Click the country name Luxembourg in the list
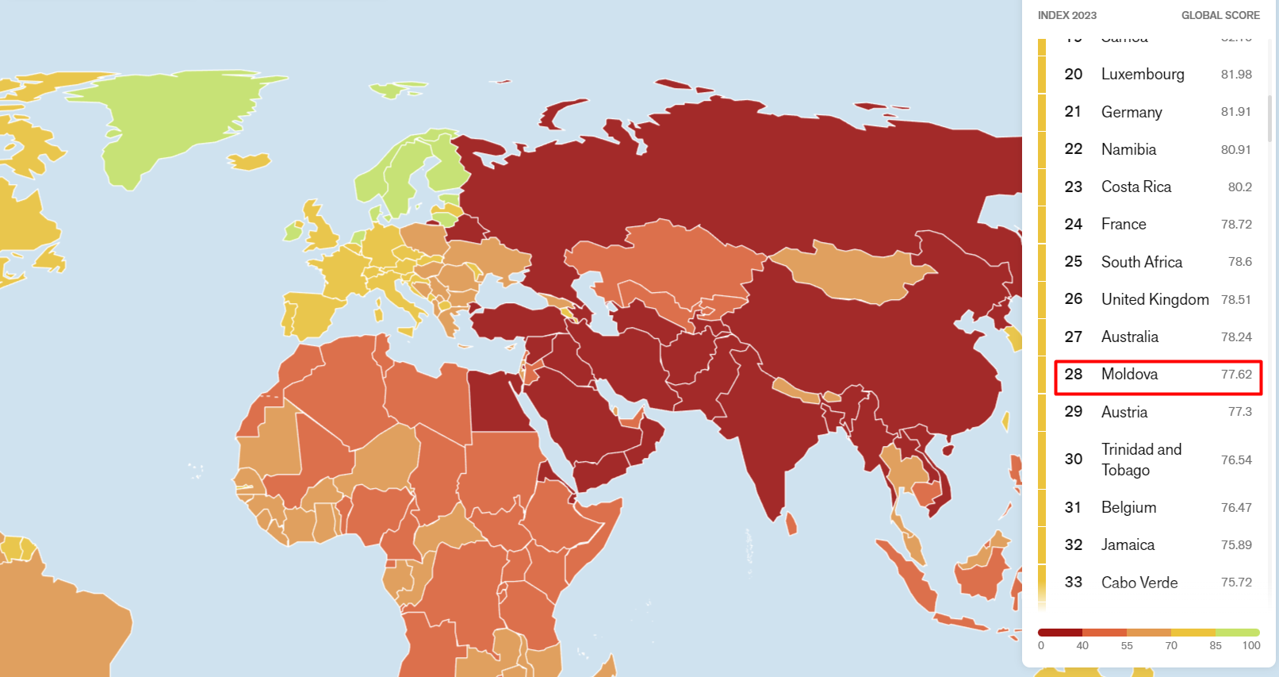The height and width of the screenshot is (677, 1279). [x=1143, y=74]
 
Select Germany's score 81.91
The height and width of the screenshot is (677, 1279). [x=1235, y=112]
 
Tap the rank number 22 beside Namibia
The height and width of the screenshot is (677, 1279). [x=1073, y=149]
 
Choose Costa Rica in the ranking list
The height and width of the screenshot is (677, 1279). [x=1135, y=187]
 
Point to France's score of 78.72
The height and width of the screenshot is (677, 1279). [x=1235, y=225]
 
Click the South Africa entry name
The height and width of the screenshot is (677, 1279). [x=1141, y=262]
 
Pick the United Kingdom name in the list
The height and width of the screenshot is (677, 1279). [x=1155, y=299]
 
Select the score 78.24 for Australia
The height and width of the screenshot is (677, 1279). [x=1235, y=337]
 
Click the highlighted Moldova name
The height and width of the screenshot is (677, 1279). [x=1129, y=374]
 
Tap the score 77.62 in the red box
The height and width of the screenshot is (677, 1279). [x=1235, y=375]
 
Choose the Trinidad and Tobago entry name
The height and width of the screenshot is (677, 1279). [x=1141, y=460]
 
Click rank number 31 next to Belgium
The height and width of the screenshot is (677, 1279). [x=1073, y=507]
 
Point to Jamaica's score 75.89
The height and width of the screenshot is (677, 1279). [x=1235, y=545]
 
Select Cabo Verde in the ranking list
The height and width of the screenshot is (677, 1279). [x=1139, y=583]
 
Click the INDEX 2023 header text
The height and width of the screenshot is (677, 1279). [x=1066, y=15]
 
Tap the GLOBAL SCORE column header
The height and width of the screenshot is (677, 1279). [x=1220, y=15]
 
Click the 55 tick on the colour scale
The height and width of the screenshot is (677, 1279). [x=1127, y=645]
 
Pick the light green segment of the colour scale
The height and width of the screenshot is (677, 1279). [x=1237, y=633]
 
